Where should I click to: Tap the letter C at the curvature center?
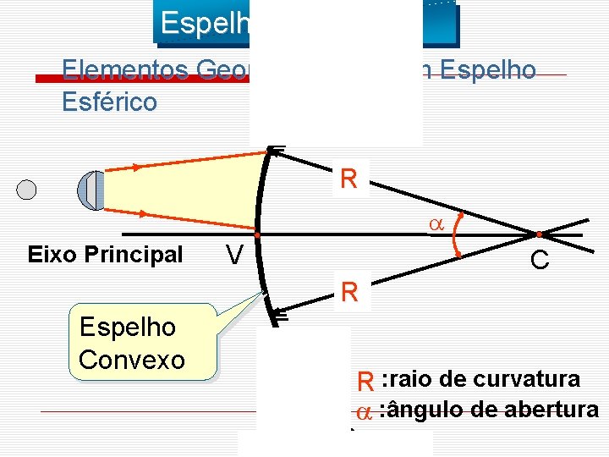pos(540,261)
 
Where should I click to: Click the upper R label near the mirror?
pos(348,179)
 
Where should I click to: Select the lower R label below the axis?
pos(348,294)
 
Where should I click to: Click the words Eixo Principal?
pos(105,255)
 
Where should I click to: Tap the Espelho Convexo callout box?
pos(131,344)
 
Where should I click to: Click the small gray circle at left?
pos(27,189)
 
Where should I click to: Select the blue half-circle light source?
pos(91,190)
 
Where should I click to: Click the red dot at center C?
pos(539,234)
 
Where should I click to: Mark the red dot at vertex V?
pos(255,234)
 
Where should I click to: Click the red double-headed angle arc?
pos(458,234)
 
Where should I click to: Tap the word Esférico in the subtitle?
pos(110,102)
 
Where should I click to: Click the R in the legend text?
pos(365,381)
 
